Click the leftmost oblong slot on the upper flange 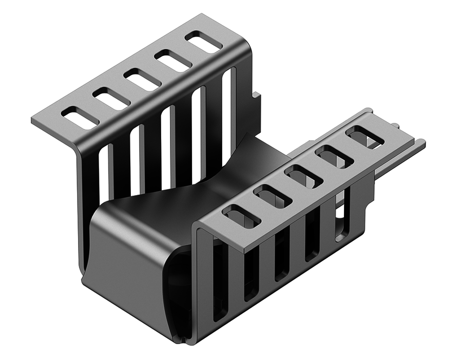[80, 118]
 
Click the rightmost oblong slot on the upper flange [203, 42]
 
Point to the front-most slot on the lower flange [241, 216]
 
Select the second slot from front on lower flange [273, 196]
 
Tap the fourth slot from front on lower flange [334, 157]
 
